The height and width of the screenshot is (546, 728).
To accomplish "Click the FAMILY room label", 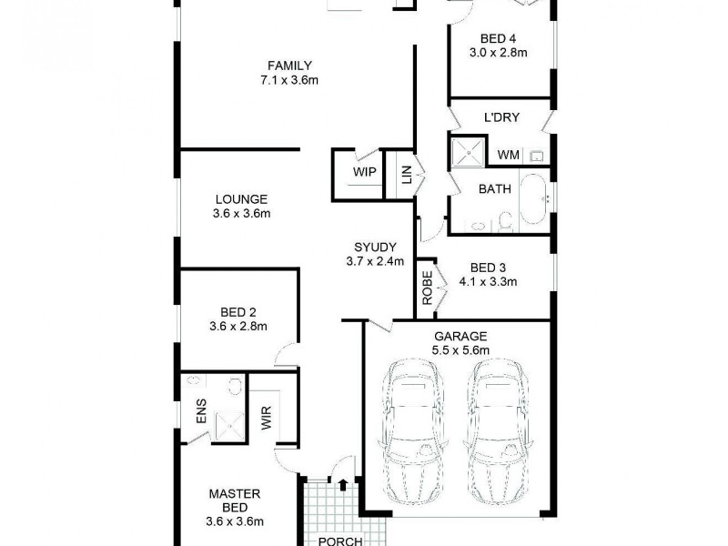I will click(289, 66).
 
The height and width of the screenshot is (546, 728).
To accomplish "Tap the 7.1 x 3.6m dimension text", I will click(289, 80).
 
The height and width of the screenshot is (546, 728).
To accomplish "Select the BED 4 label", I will click(498, 38).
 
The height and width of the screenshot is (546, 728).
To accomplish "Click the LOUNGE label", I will click(241, 199).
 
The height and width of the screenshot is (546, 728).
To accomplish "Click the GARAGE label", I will click(459, 336).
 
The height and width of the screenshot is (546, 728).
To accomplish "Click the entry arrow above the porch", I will click(342, 485).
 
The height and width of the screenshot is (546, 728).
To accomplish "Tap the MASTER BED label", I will click(234, 500).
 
